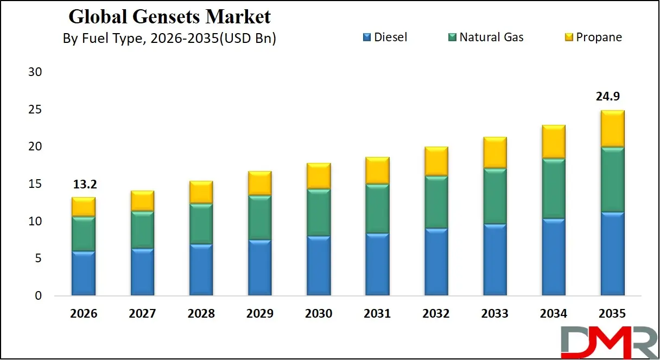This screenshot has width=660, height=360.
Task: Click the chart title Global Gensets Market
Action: click(169, 17)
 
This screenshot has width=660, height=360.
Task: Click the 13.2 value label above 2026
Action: click(84, 185)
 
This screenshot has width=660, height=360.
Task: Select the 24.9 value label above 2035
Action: click(612, 97)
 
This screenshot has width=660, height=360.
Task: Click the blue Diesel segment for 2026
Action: click(84, 273)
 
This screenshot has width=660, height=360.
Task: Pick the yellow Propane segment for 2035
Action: click(612, 129)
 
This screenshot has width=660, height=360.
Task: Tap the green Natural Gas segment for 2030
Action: click(319, 212)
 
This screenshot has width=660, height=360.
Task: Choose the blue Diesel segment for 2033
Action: click(494, 260)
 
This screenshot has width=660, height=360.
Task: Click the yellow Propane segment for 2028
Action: click(201, 192)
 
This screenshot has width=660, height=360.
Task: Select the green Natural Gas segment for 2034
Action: click(553, 188)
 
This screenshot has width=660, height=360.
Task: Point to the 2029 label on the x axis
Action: click(259, 314)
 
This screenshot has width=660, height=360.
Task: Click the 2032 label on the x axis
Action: click(436, 314)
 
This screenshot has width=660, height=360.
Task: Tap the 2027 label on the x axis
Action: click(142, 314)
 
